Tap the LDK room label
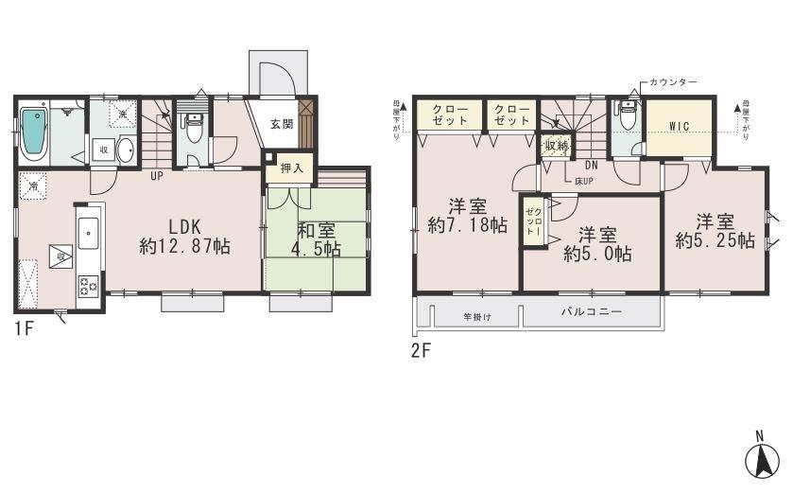coord(186,237)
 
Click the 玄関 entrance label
coord(281,123)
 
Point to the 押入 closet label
coord(291,168)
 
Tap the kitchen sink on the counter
coord(87,230)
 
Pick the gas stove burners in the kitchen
coord(88,283)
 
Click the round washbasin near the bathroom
coord(126,150)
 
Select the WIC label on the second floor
coord(678,127)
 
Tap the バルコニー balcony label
coord(590,310)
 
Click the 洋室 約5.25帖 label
coord(715,232)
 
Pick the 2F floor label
coord(421,349)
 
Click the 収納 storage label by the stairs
coord(555,146)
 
